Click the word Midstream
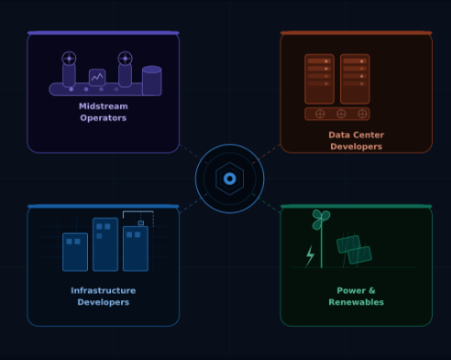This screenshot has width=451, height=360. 103,106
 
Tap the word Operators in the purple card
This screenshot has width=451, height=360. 103,117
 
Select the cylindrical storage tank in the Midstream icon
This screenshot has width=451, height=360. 151,81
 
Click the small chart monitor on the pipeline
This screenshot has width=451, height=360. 97,78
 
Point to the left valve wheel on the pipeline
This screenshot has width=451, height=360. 69,59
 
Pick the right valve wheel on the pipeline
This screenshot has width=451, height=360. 125,59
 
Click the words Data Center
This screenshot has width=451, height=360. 356,135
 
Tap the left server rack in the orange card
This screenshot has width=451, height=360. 319,78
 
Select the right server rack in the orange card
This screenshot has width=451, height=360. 355,78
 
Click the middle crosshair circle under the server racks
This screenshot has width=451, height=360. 341,115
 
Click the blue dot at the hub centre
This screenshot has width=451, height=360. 229,179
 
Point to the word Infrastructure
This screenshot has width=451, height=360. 103,290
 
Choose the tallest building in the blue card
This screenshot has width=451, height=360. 104,244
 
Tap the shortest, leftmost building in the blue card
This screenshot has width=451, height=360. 75,252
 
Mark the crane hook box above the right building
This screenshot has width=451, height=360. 141,223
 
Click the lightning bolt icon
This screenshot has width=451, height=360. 310,256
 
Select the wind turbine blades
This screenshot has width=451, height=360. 320,219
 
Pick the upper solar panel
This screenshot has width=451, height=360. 348,244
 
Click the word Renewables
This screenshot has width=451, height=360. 356,302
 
